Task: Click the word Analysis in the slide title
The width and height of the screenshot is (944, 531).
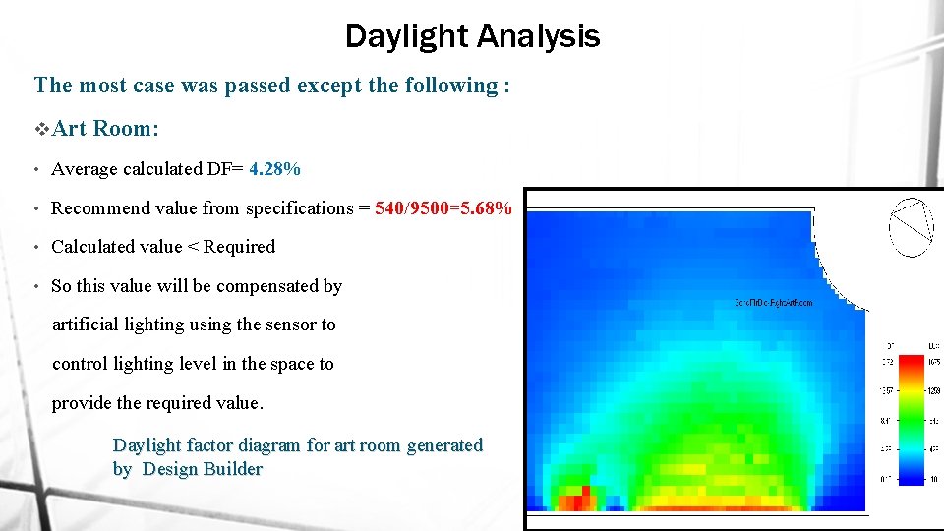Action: pyautogui.click(x=538, y=37)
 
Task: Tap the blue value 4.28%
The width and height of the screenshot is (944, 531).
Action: pyautogui.click(x=274, y=169)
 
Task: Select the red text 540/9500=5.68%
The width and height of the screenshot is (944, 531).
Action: pyautogui.click(x=442, y=208)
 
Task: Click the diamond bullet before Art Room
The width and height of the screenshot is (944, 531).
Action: pyautogui.click(x=41, y=129)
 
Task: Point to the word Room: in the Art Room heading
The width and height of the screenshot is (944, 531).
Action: pyautogui.click(x=127, y=129)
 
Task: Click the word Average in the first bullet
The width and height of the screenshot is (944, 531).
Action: pyautogui.click(x=85, y=169)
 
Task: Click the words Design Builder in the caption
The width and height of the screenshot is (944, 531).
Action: pyautogui.click(x=202, y=469)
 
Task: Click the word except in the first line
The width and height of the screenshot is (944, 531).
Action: pyautogui.click(x=330, y=86)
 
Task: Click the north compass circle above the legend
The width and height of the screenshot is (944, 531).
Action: pyautogui.click(x=911, y=227)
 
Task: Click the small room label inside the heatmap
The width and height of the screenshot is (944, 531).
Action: pyautogui.click(x=774, y=303)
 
